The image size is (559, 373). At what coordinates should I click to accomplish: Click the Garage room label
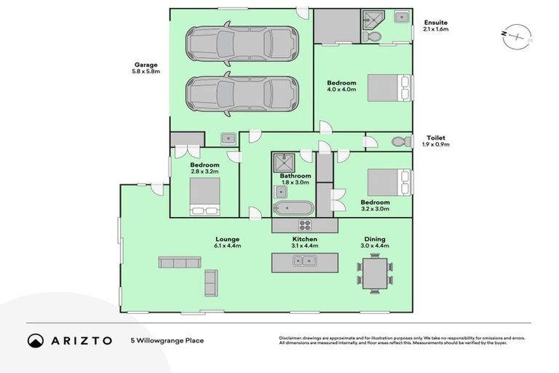pos(144,65)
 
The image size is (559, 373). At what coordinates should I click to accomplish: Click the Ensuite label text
pos(436,23)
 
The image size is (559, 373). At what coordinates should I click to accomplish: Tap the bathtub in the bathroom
pos(293,208)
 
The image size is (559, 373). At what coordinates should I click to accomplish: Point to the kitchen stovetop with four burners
pos(304,226)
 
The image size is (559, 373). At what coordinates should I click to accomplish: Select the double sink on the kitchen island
pos(305,262)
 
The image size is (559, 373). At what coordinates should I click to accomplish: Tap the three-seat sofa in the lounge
pos(180,262)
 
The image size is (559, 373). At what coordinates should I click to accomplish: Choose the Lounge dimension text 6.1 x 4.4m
pos(227,246)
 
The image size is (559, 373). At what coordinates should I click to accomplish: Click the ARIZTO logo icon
pos(35,340)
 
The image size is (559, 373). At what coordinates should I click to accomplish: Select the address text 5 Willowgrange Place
pos(167,340)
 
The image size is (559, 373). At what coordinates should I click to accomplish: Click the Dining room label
pos(375,239)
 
